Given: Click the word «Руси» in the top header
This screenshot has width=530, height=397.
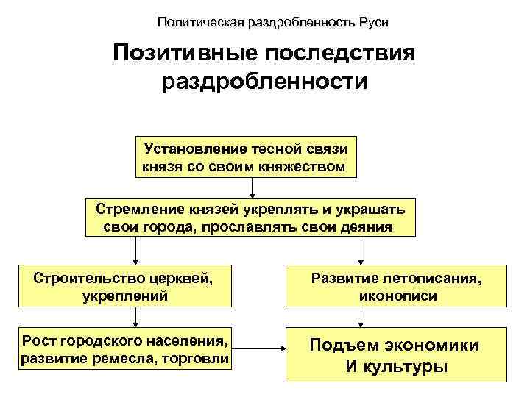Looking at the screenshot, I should tap(373, 22).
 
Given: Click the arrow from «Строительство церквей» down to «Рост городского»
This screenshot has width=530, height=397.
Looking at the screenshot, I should tap(135, 318).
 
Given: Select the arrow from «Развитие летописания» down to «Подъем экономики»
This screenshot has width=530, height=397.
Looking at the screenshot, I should tap(361, 318).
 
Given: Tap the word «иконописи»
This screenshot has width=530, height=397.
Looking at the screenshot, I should tap(398, 296).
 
